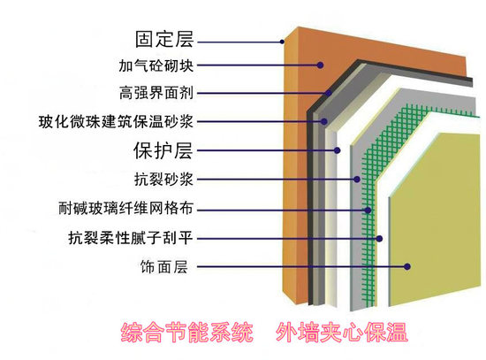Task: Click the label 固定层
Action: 164,39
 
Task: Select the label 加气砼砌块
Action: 156,65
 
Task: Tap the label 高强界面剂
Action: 156,93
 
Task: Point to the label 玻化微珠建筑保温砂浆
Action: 116,121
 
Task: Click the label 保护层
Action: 163,150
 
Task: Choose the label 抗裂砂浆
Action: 163,179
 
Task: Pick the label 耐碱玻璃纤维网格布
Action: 125,208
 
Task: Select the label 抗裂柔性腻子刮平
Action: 131,238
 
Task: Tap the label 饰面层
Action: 164,266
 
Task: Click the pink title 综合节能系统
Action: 187,333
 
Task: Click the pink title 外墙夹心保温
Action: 341,333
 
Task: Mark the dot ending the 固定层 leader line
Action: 282,42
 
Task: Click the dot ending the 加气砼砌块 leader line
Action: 321,65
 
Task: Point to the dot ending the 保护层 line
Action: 338,150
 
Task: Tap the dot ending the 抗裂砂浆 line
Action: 357,179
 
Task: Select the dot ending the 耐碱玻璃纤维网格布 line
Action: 368,211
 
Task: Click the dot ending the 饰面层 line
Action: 407,266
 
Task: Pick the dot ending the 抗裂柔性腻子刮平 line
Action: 379,238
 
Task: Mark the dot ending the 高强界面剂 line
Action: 329,93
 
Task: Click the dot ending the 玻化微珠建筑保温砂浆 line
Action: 324,121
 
